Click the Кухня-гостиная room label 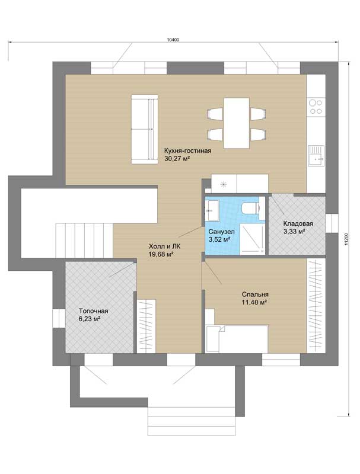coord(187,150)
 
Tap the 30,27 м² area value coord(177,158)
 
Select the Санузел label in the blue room coord(221,232)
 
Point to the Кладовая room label coord(298,224)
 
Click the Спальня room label coord(254,294)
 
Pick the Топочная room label coord(93,310)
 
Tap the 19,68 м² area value coord(160,254)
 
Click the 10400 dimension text coord(173,39)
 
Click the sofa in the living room coord(145,129)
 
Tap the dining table coord(237,123)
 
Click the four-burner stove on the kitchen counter coord(316,107)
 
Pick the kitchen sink coord(317,156)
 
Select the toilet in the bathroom coord(250,209)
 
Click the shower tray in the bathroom coord(252,239)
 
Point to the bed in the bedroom coord(237,338)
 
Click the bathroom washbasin coord(212,209)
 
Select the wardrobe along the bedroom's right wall coord(316,305)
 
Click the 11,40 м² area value coord(253,302)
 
